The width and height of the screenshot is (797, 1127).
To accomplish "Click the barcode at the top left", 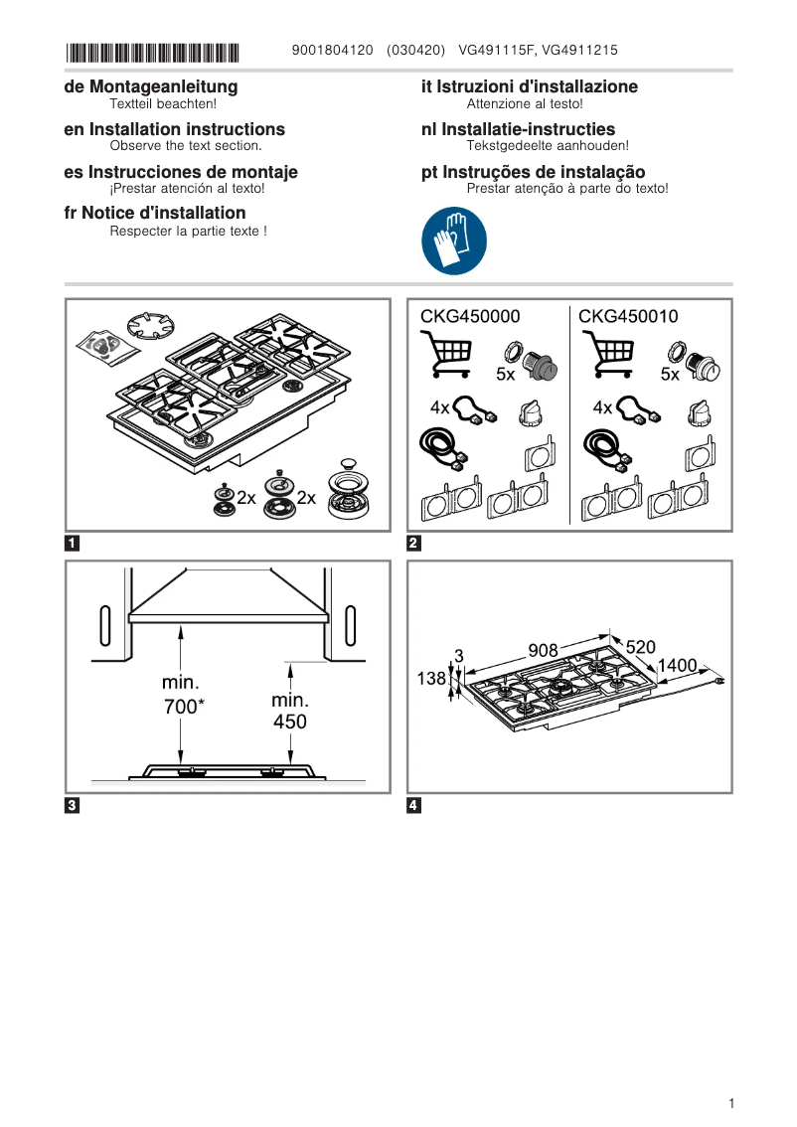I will [x=152, y=51].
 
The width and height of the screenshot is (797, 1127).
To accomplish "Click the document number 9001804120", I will [x=333, y=50].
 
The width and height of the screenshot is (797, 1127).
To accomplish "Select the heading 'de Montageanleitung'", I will [x=150, y=86].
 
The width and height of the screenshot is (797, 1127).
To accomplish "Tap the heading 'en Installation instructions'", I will [x=174, y=129].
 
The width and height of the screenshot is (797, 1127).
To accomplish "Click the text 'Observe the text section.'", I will [x=185, y=145].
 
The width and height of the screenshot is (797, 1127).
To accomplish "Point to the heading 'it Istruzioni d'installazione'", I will [x=530, y=86].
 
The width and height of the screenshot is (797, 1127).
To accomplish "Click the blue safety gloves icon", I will [x=454, y=241].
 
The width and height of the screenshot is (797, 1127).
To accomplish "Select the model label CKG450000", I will [x=470, y=316].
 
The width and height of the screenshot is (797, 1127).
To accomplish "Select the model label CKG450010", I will [x=628, y=316].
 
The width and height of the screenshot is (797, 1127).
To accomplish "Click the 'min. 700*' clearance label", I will [x=181, y=696].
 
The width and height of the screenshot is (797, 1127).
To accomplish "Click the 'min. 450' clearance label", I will [x=290, y=711].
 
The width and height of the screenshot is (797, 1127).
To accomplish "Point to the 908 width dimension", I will [x=543, y=650].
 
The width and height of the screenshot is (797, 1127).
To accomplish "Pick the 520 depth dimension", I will [x=640, y=647].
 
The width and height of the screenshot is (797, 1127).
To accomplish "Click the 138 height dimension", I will [x=430, y=678].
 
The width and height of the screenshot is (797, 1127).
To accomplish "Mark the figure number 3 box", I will [x=72, y=806].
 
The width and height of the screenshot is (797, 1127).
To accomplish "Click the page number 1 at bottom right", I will [x=730, y=1103].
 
